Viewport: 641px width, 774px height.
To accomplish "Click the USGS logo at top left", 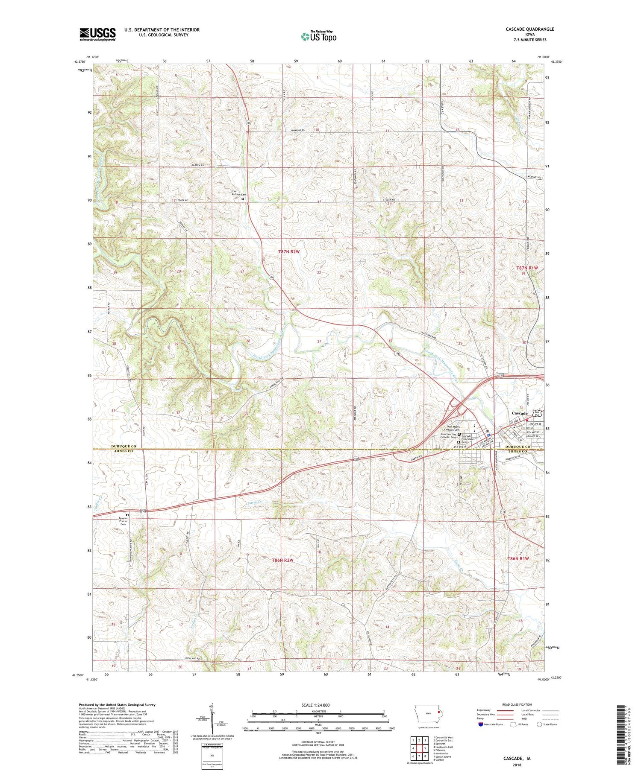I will tap(97, 34).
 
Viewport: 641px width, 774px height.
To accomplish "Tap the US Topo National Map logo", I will tap(318, 37).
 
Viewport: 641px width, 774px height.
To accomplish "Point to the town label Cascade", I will tap(520, 413).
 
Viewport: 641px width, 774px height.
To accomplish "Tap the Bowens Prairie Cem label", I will tap(123, 521).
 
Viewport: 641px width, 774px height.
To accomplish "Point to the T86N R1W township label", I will tap(518, 558).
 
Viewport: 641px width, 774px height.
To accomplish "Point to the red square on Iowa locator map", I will tap(438, 712).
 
